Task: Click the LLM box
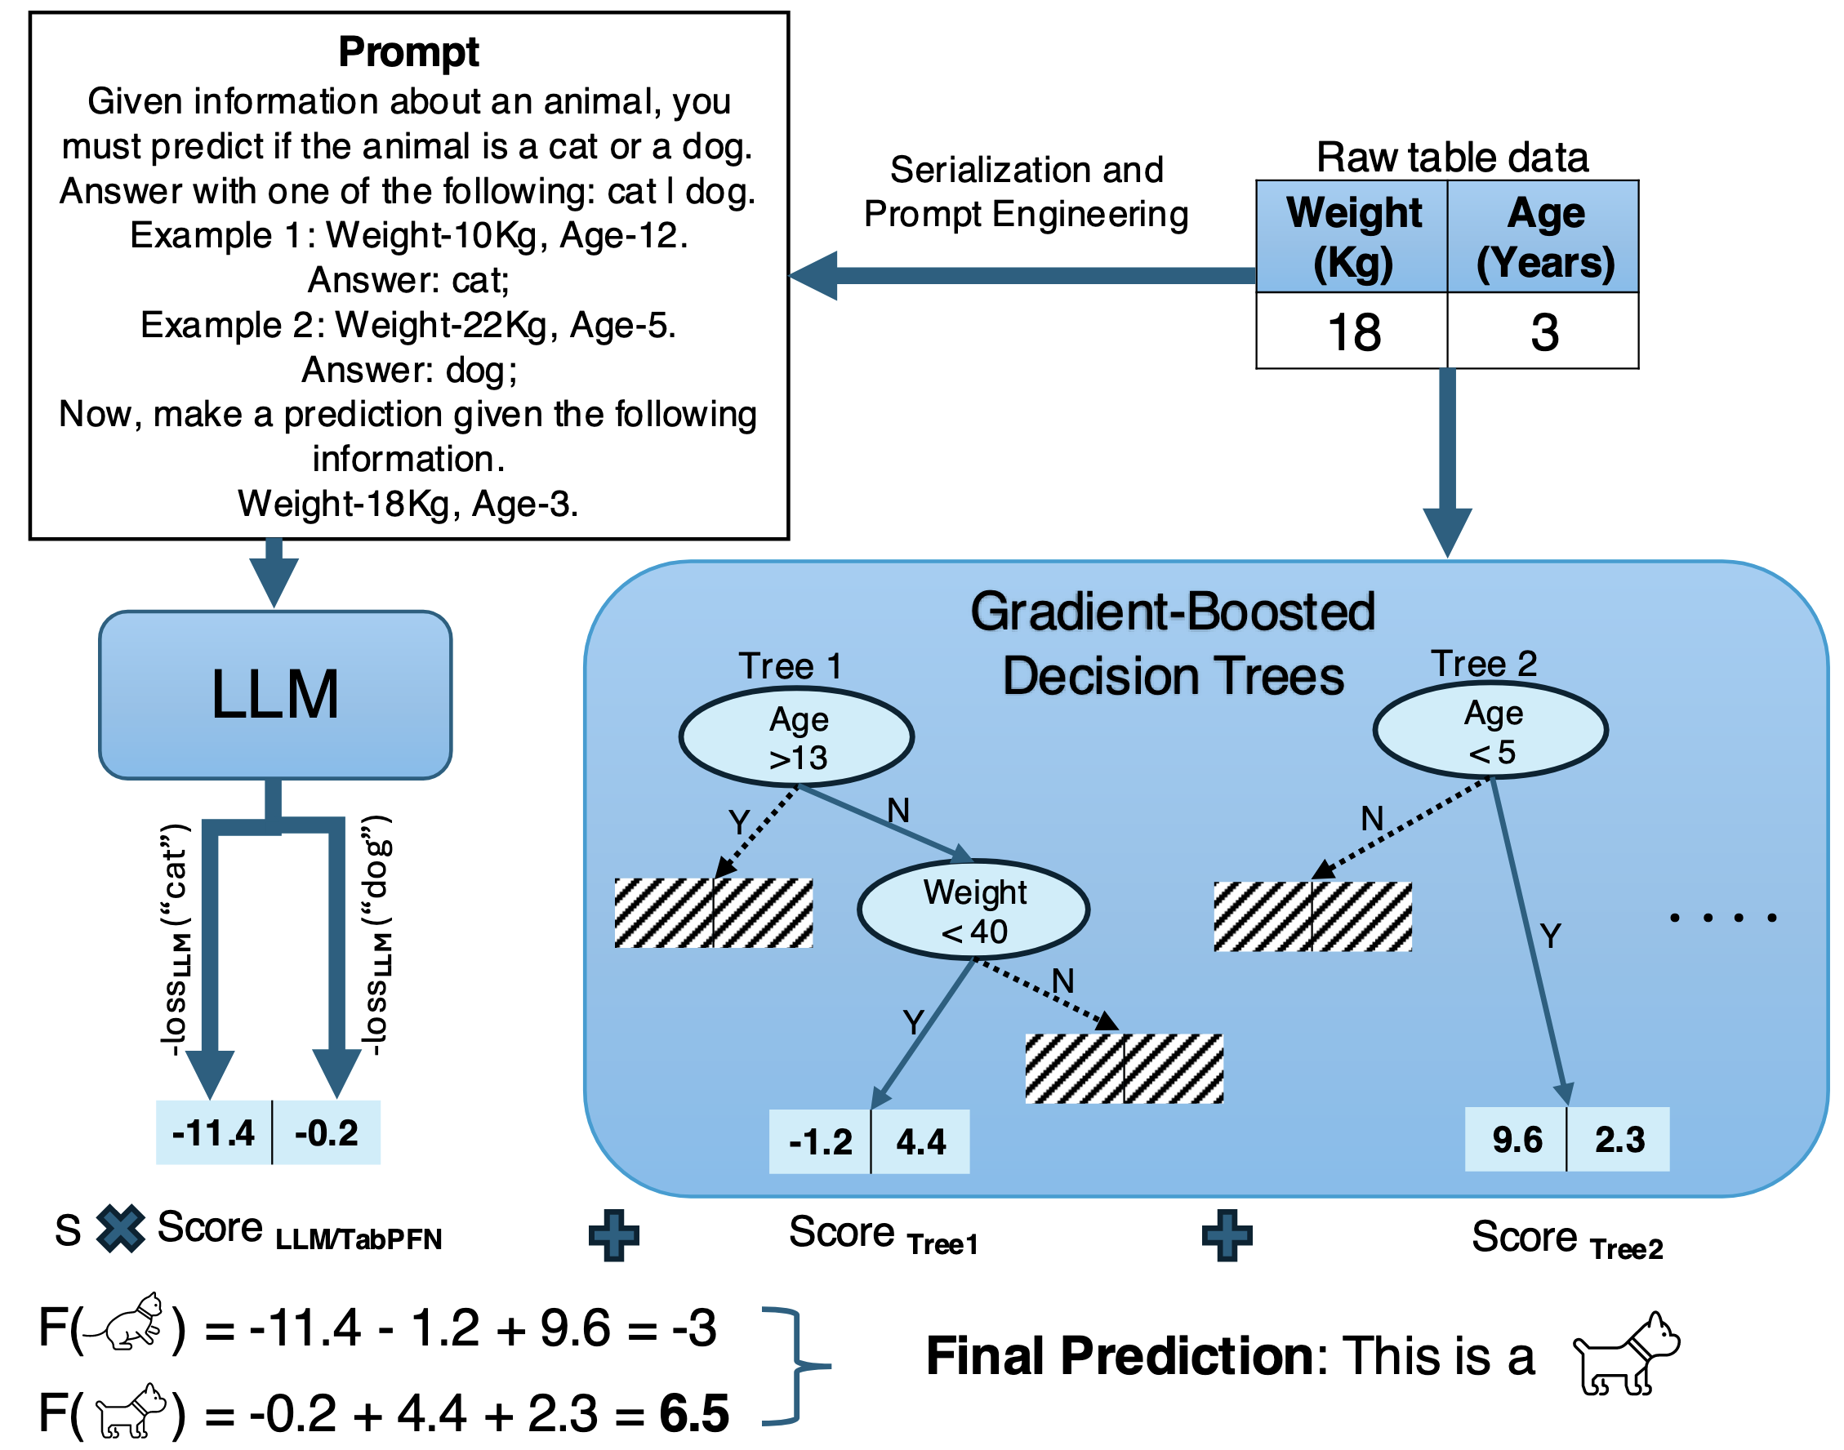(x=274, y=695)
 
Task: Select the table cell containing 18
(x=1352, y=331)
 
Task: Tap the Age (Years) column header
(x=1543, y=237)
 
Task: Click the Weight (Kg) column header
(x=1352, y=237)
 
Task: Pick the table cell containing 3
(x=1543, y=331)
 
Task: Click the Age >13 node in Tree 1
(x=796, y=737)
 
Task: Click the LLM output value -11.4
(x=213, y=1133)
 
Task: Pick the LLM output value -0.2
(x=326, y=1133)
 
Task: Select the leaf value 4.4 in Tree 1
(x=920, y=1142)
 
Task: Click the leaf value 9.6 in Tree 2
(x=1517, y=1139)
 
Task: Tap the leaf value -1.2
(x=820, y=1142)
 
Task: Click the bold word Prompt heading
(x=408, y=51)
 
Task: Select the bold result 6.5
(x=693, y=1413)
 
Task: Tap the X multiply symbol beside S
(x=121, y=1230)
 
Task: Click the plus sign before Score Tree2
(x=1227, y=1235)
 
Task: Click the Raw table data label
(x=1452, y=158)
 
